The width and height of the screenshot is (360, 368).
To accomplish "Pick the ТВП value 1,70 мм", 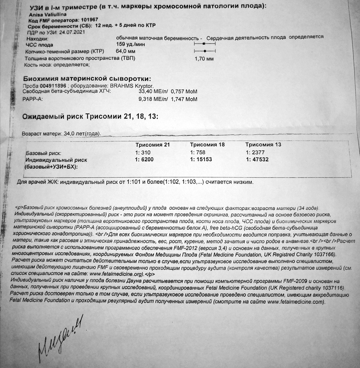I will point(204,58).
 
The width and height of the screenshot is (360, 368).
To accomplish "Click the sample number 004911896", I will point(54,86).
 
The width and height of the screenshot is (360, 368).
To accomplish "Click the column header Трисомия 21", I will point(153,144).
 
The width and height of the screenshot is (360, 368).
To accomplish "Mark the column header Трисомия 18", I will point(208,144).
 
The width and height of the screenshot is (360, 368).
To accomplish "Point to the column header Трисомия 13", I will point(263,144).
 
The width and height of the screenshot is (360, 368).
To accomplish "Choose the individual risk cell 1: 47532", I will point(259,160).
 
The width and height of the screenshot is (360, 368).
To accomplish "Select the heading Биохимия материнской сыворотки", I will point(87,78).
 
